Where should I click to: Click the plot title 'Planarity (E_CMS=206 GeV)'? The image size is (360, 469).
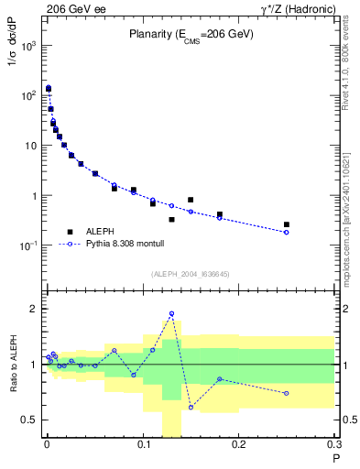point(190,35)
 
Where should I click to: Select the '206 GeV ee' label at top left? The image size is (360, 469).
point(71,8)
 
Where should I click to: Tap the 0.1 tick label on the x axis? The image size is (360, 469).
point(143,446)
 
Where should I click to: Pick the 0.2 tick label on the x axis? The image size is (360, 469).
point(239,446)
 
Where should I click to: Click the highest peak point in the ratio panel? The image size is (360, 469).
point(171,314)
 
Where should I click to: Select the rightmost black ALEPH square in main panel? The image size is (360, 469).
point(287,224)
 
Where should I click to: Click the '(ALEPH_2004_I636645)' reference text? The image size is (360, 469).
point(190,274)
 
